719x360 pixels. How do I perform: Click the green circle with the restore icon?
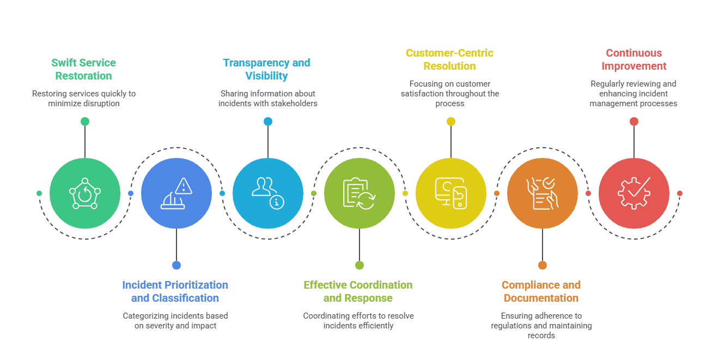coord(85,193)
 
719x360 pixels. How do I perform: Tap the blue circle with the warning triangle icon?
coord(176,193)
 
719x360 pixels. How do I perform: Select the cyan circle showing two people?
coord(268,193)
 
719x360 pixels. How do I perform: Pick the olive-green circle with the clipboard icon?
coord(359,193)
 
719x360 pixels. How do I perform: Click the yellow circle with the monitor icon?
coord(451,193)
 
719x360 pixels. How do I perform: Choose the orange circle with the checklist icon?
coord(543,193)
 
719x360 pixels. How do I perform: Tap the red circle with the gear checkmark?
coord(634,193)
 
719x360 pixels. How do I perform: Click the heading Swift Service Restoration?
coord(83,69)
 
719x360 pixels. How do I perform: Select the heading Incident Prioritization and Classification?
coord(175,291)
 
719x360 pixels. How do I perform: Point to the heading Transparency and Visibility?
coord(266,69)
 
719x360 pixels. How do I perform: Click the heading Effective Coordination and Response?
coord(358,291)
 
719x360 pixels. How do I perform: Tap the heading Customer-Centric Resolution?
coord(449,59)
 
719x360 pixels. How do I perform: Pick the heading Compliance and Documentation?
coord(541,291)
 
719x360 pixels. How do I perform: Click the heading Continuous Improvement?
coord(633,59)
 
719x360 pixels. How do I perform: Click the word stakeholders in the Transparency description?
coord(294,103)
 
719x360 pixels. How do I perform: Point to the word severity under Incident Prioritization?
coord(159,326)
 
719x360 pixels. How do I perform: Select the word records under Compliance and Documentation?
coord(541,335)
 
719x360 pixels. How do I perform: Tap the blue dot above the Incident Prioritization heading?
coord(176,265)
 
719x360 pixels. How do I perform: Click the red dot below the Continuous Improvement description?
coord(634,121)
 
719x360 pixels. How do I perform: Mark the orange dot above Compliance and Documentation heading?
coord(543,265)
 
